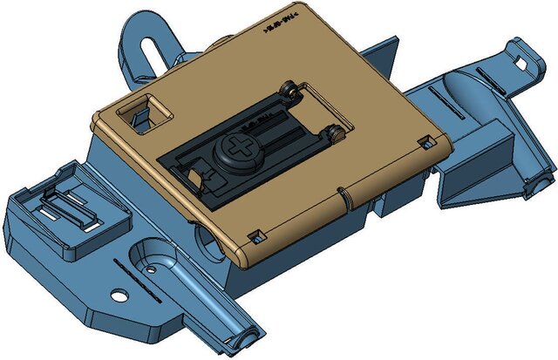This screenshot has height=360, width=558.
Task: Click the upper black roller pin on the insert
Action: [x=289, y=90]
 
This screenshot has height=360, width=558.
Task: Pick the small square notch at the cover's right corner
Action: [x=426, y=141]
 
